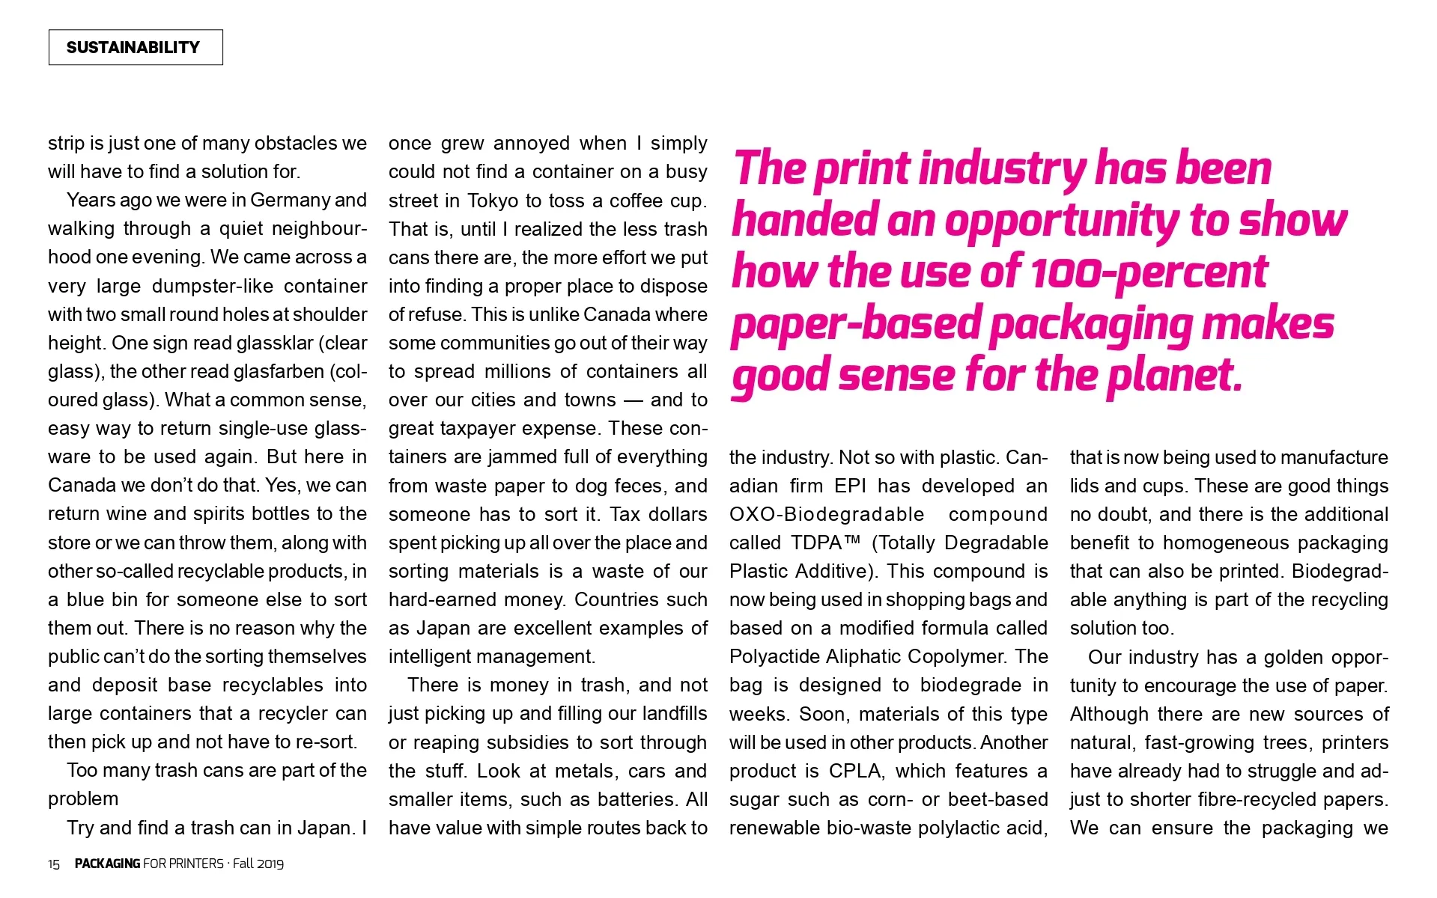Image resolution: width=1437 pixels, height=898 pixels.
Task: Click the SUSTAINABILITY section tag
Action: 135,47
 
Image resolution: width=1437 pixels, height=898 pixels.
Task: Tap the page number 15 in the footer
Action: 54,864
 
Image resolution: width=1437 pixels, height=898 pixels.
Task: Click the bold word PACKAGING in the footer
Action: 107,864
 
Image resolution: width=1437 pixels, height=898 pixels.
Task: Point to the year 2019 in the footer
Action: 269,864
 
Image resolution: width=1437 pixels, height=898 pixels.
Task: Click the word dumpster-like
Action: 211,286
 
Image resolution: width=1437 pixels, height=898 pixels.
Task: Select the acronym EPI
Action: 850,486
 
